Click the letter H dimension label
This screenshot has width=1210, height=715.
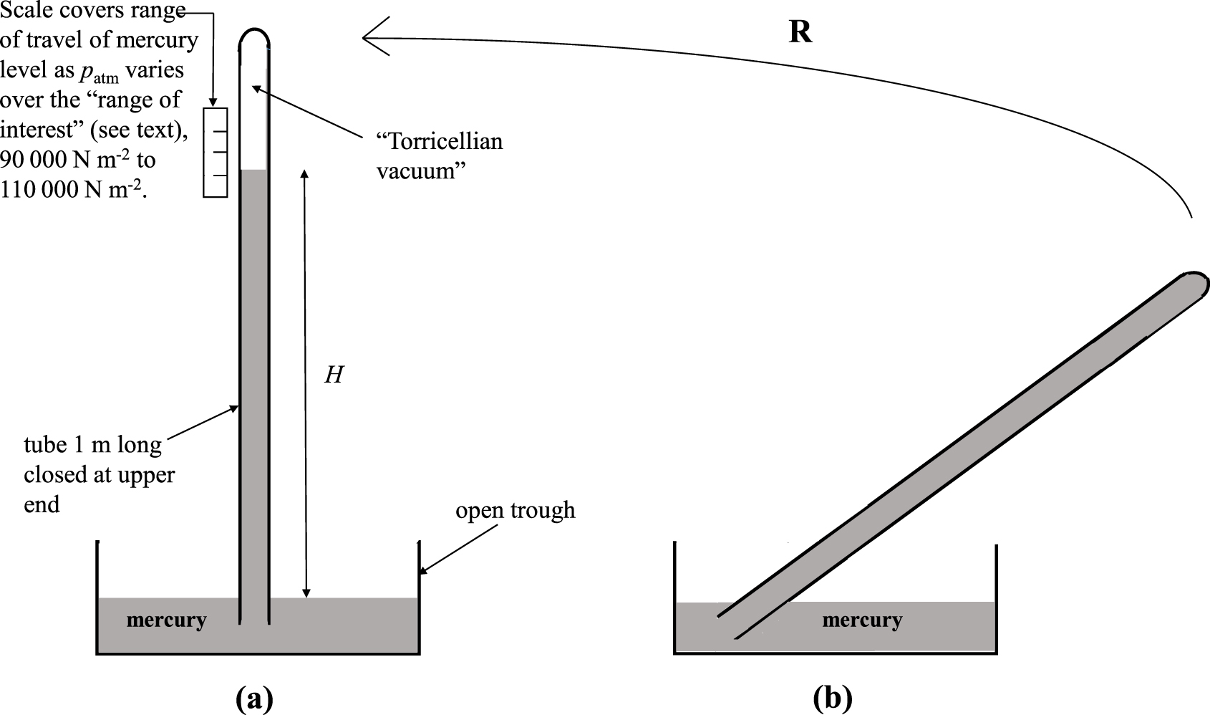[x=334, y=375]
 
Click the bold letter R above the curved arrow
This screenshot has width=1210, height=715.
[x=800, y=33]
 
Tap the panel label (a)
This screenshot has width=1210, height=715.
[x=254, y=699]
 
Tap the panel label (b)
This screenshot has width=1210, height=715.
[x=833, y=699]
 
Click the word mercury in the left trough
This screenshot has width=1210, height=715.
[x=166, y=620]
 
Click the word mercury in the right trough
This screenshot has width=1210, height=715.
[x=862, y=620]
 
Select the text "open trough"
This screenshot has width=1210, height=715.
[x=516, y=511]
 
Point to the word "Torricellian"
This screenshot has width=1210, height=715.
[x=440, y=141]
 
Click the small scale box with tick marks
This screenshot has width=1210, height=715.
[x=215, y=152]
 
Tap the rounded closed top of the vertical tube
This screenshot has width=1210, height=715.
[x=254, y=34]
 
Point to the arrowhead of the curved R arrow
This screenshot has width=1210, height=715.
[x=367, y=37]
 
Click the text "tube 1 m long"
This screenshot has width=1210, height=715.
[x=92, y=445]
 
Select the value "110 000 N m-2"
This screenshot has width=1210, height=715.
[x=72, y=190]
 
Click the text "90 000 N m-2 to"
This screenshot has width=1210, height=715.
[x=78, y=160]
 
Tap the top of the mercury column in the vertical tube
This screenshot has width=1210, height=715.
[x=254, y=171]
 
